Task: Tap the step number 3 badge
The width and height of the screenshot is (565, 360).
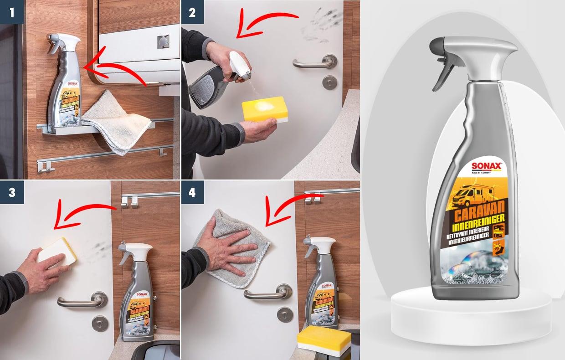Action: coord(12,192)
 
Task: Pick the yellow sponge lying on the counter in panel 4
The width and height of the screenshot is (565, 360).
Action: coord(324,339)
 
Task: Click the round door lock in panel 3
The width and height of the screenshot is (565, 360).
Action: coord(100,323)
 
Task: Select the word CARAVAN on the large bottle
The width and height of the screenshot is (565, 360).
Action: coord(476,214)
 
